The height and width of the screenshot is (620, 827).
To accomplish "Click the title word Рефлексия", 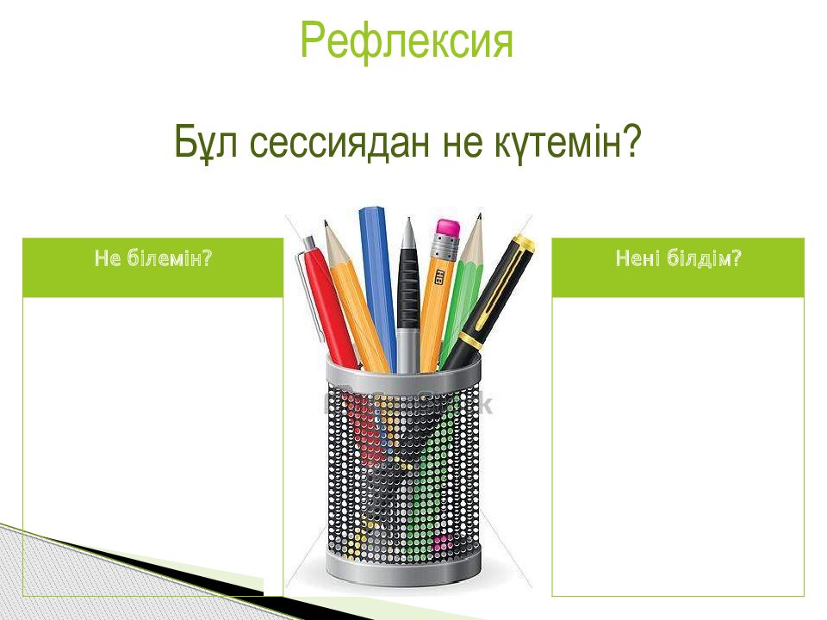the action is [407, 41].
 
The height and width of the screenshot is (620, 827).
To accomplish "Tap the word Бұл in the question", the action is [206, 142].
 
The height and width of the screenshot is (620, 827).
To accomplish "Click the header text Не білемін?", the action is [153, 258].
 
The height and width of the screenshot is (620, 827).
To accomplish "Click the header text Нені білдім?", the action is [678, 258].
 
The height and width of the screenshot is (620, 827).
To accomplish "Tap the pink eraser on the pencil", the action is [448, 226].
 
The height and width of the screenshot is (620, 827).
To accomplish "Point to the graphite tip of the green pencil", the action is [479, 217].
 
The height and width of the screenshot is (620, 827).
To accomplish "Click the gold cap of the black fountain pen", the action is [523, 245].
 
